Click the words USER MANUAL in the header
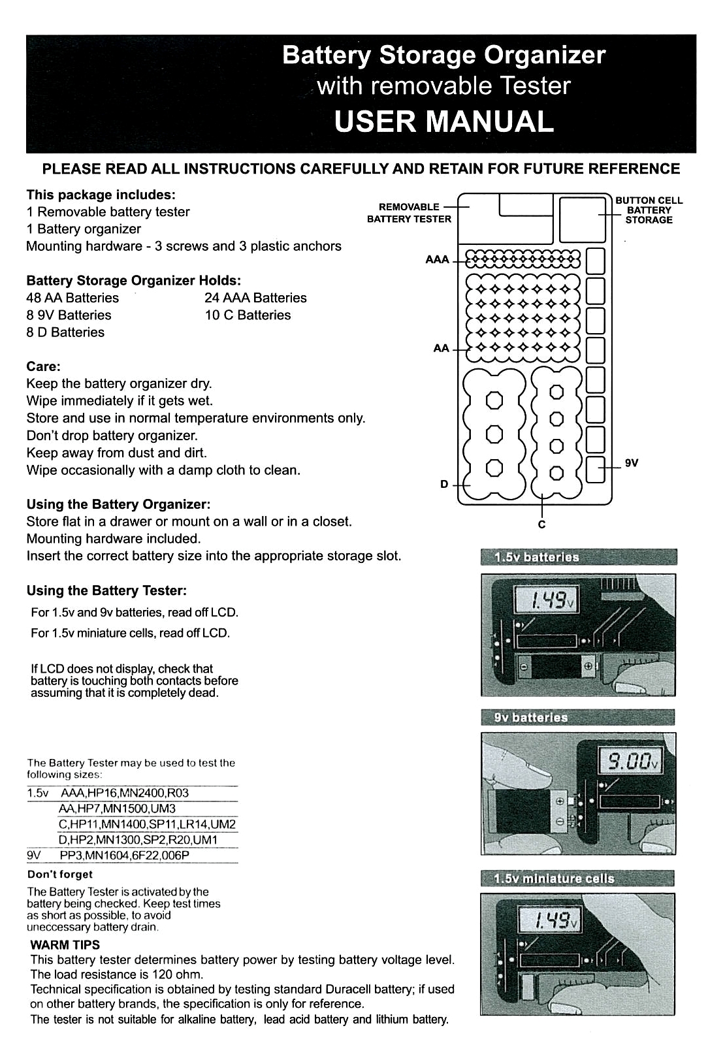[443, 122]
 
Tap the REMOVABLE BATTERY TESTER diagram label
[409, 213]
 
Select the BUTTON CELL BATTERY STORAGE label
[649, 210]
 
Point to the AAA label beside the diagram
[437, 260]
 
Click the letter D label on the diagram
[444, 484]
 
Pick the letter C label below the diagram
[541, 524]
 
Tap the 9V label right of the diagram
[632, 463]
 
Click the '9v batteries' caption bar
[577, 717]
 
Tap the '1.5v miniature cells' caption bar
[577, 878]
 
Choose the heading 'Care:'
[43, 366]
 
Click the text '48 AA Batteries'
[72, 298]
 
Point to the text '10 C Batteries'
[248, 315]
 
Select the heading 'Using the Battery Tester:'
[106, 590]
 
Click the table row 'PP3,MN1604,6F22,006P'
[124, 856]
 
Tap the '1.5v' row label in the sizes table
[38, 793]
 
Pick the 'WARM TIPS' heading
[65, 944]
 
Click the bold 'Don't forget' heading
[60, 874]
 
